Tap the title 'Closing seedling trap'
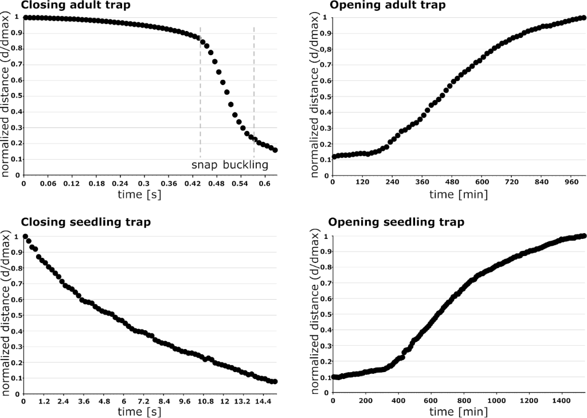(x=85, y=222)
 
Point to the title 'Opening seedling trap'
(x=396, y=222)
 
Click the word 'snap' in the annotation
(x=205, y=165)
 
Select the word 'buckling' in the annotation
(x=245, y=165)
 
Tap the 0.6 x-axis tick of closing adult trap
(x=265, y=184)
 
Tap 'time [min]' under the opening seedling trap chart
(x=459, y=412)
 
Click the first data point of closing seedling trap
(x=25, y=237)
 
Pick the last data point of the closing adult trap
(x=275, y=150)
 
